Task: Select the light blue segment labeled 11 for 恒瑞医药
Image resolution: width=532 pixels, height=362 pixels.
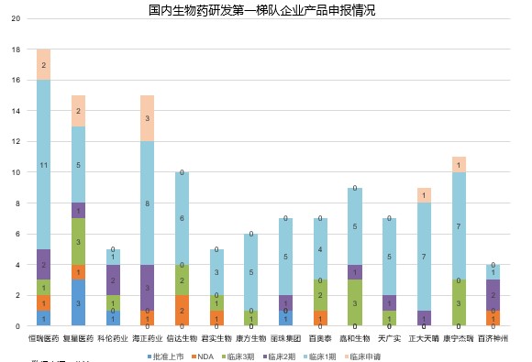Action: click(x=43, y=164)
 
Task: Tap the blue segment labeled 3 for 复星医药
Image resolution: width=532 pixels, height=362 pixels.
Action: click(x=79, y=302)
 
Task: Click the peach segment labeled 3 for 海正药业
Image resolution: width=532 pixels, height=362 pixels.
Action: click(x=147, y=118)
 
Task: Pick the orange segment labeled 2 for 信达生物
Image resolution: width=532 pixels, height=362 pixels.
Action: click(x=182, y=310)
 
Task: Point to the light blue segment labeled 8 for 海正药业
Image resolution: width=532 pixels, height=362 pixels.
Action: click(x=147, y=203)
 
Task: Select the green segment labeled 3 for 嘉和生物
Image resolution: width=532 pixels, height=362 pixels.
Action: click(x=354, y=302)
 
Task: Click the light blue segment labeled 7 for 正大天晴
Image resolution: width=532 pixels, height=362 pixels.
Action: click(x=424, y=257)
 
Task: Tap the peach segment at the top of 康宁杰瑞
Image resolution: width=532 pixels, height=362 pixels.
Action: click(x=458, y=164)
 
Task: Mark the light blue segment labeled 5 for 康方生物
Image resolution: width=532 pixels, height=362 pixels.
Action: click(x=250, y=271)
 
